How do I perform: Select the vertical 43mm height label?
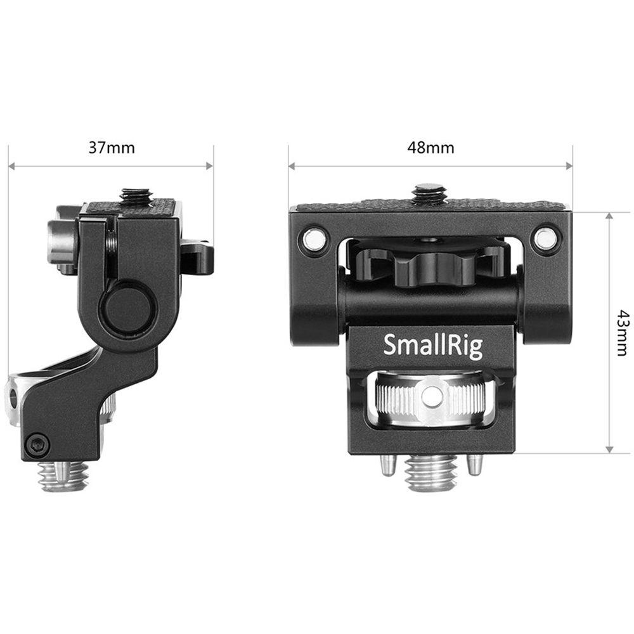point(623,333)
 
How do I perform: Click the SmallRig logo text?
point(432,346)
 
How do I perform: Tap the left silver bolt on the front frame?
point(313,240)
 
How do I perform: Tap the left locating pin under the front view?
point(387,466)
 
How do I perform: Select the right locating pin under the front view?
point(474,466)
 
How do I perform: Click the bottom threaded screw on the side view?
point(63,475)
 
